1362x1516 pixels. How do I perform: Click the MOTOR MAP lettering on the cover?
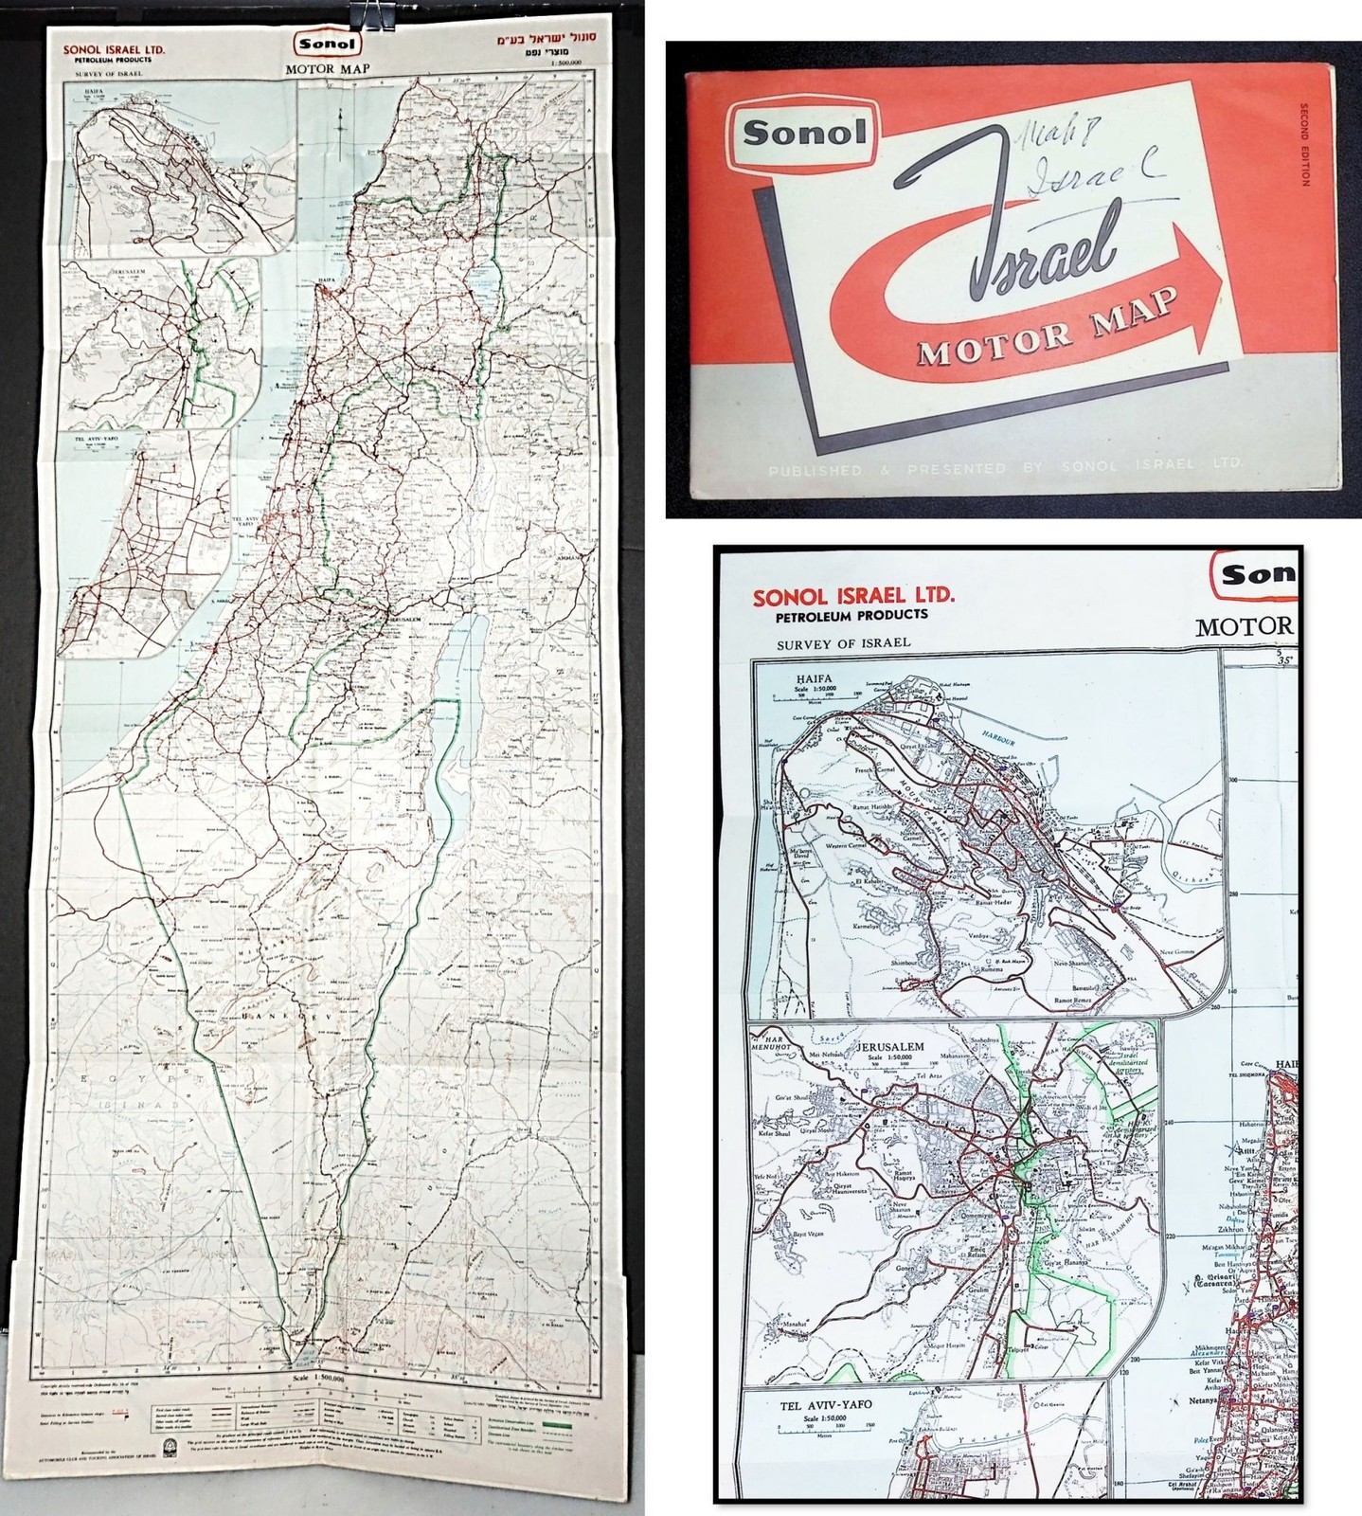click(x=1048, y=328)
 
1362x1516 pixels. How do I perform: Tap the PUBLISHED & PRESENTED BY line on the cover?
click(x=1004, y=466)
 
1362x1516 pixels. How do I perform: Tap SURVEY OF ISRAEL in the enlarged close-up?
click(x=842, y=642)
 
